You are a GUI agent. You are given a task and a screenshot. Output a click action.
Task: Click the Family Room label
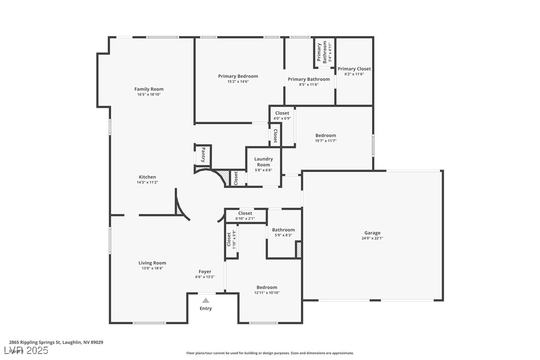[149, 89]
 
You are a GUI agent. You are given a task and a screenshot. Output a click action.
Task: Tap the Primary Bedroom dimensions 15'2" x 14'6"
[238, 82]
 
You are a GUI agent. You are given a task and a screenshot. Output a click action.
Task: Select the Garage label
[372, 233]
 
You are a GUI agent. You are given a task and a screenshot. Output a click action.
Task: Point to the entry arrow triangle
[206, 300]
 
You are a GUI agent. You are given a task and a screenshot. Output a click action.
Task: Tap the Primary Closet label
[354, 69]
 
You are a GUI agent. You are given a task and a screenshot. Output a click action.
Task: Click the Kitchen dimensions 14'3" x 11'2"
[147, 182]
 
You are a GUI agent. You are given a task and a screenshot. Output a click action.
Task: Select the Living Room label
[152, 263]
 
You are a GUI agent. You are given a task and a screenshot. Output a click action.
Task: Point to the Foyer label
[205, 271]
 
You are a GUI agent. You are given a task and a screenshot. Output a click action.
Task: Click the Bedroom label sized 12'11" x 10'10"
[267, 287]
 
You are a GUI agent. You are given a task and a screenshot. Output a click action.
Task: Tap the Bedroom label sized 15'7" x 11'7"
[326, 135]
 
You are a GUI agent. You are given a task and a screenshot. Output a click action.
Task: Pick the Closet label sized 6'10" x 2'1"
[245, 213]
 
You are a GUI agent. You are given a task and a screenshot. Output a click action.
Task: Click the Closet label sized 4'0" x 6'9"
[282, 113]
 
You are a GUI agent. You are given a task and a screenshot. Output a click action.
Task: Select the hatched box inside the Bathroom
[298, 249]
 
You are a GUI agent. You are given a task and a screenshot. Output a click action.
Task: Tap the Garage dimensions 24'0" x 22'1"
[372, 238]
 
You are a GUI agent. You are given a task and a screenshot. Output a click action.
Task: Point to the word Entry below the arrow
[206, 308]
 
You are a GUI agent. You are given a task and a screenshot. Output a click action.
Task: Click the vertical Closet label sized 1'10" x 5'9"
[229, 240]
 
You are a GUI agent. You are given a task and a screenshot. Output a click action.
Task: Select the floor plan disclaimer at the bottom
[270, 353]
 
